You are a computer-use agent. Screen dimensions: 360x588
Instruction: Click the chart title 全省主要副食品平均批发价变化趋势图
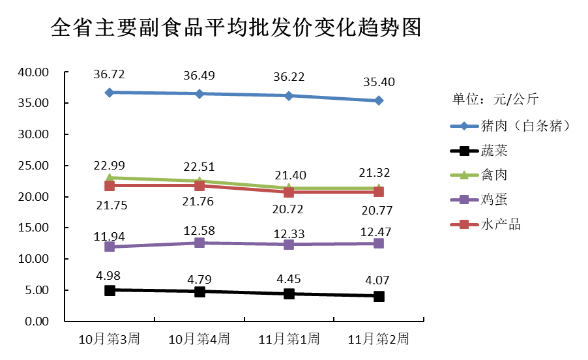pyautogui.click(x=235, y=29)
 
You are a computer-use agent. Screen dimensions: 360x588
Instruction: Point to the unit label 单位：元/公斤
pyautogui.click(x=495, y=99)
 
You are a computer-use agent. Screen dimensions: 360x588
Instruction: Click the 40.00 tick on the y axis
pyautogui.click(x=33, y=72)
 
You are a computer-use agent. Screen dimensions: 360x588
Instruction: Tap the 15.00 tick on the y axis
pyautogui.click(x=33, y=228)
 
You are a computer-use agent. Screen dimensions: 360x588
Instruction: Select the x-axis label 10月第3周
pyautogui.click(x=109, y=339)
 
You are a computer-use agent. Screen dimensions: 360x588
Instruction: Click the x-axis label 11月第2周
pyautogui.click(x=379, y=339)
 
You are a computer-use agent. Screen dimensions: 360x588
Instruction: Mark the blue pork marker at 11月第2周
pyautogui.click(x=379, y=100)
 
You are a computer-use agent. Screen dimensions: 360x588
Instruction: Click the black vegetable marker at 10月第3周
pyautogui.click(x=110, y=290)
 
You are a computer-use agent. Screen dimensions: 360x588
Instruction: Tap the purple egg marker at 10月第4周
pyautogui.click(x=199, y=243)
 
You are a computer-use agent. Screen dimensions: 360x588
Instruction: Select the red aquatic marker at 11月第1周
pyautogui.click(x=289, y=192)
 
